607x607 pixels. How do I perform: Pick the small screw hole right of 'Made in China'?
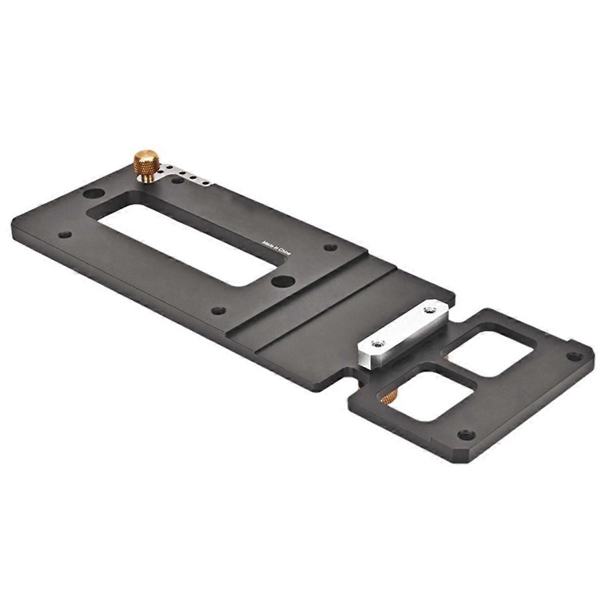[x=330, y=247]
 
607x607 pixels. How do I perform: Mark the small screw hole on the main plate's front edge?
[x=219, y=310]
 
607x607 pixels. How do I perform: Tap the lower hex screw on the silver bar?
[x=375, y=344]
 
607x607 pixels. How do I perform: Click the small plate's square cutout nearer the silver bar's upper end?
[x=488, y=353]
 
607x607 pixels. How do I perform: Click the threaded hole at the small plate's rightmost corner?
[x=572, y=356]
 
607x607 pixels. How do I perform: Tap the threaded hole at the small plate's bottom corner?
[x=464, y=434]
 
